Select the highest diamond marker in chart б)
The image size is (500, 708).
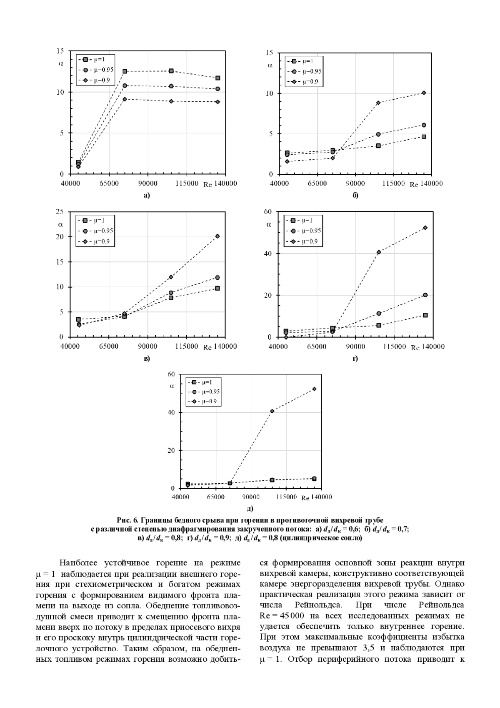(424, 93)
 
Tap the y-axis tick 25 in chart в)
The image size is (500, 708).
(60, 211)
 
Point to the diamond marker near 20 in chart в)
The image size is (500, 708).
(217, 236)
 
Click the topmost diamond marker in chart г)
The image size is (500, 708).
(425, 228)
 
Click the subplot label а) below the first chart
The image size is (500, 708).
(146, 195)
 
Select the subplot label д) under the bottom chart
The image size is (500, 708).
(250, 508)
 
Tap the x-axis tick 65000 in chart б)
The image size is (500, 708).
(317, 183)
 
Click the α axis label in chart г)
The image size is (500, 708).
(269, 224)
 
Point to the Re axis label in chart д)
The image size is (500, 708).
(305, 498)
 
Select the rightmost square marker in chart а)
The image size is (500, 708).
(217, 78)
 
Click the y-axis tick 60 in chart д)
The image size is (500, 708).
(171, 374)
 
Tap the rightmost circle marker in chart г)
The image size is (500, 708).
(425, 295)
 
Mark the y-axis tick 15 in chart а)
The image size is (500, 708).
(60, 51)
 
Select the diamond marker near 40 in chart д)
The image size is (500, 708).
(272, 411)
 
